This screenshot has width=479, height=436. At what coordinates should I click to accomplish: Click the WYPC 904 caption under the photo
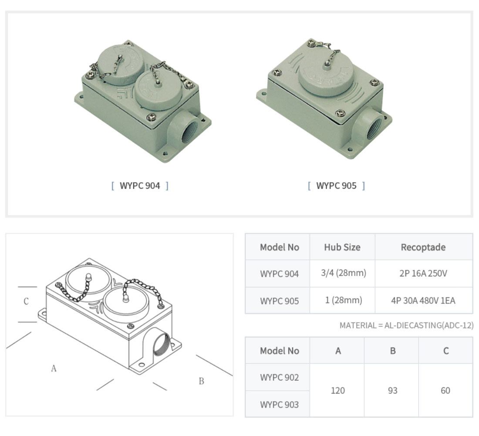coord(140,186)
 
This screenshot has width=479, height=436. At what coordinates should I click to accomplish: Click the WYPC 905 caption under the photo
coord(336,186)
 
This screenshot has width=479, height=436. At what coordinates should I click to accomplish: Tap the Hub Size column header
coord(342,247)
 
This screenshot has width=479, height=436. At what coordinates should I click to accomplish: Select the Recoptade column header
coord(423,247)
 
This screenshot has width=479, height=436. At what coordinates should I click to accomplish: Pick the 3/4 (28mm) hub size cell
coord(344,273)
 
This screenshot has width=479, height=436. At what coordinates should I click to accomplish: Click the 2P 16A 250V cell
coord(423,273)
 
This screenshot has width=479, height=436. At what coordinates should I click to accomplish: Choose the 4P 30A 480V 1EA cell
coord(423,300)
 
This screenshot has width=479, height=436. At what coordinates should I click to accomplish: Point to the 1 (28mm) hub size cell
coord(344,300)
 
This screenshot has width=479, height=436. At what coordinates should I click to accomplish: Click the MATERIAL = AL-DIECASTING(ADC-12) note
coord(407,325)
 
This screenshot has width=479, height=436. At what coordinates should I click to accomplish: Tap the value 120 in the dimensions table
coord(338,391)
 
